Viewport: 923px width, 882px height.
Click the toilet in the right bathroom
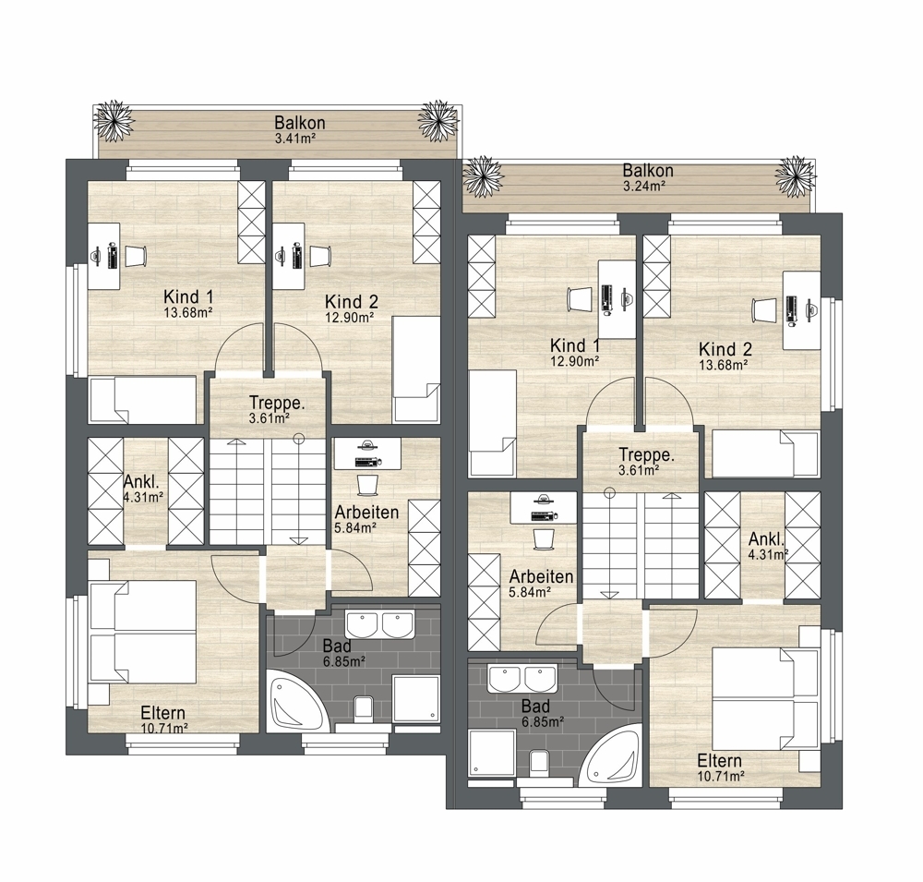540,763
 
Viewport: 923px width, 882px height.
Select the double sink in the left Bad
380,624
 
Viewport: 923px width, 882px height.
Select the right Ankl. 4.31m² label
768,546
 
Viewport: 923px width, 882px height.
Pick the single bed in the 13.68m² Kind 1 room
142,400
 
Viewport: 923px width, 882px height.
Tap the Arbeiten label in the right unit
542,576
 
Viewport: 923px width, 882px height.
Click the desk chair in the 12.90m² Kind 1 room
580,298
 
